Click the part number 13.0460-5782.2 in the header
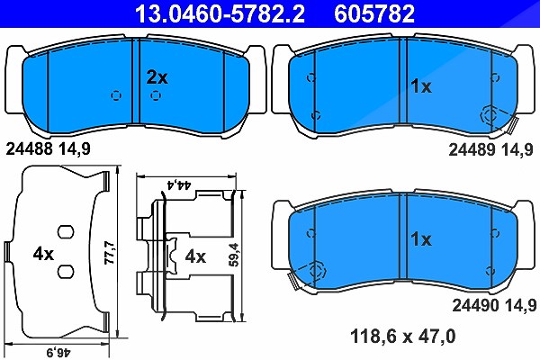pos(220,13)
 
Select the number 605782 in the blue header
pos(374,13)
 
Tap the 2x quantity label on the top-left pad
pos(157,77)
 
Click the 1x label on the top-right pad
pos(421,86)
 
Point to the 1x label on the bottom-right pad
pos(421,239)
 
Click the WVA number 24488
pos(30,149)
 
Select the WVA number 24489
pos(472,150)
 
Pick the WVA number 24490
pos(475,305)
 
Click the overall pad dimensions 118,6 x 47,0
pos(403,336)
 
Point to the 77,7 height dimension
pos(110,253)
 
